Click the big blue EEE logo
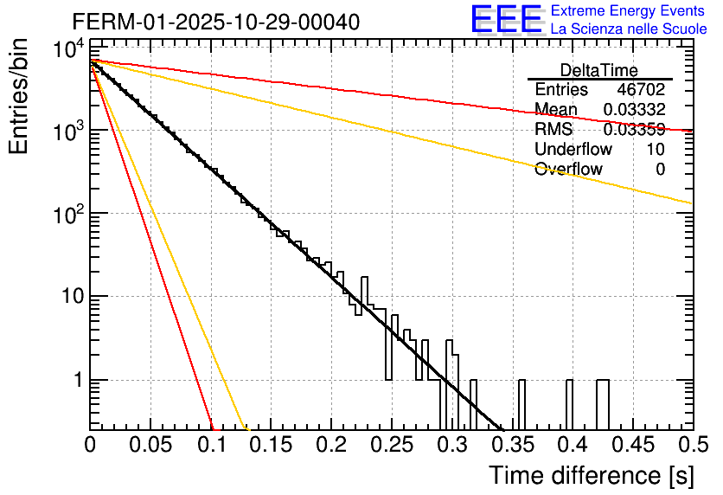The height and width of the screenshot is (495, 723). click(506, 21)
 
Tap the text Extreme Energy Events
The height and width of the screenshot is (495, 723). click(628, 11)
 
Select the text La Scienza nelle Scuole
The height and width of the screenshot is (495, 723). click(629, 29)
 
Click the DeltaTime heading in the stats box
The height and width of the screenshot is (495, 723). click(599, 70)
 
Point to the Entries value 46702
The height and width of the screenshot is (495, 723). click(641, 90)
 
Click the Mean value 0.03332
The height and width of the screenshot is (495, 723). click(634, 109)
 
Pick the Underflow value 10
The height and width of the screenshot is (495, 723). click(656, 150)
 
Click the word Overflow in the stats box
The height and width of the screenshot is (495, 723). click(568, 170)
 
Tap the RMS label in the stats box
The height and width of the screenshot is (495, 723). click(553, 130)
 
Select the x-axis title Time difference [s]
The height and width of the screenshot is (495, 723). click(591, 475)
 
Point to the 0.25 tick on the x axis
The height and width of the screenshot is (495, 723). click(391, 445)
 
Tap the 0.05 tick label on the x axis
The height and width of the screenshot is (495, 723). click(150, 445)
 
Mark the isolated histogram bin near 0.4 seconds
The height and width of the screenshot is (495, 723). click(569, 404)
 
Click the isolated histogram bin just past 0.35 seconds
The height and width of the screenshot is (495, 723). click(521, 404)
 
